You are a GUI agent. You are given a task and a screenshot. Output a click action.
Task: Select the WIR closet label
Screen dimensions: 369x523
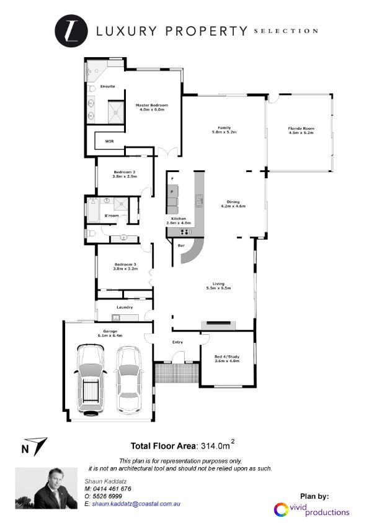point(109,142)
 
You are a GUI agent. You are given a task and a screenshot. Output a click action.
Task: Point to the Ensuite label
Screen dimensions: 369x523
point(107,86)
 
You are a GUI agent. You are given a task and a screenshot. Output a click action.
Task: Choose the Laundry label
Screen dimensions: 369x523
point(125,307)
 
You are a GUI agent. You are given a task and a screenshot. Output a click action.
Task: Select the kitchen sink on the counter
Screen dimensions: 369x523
point(199,201)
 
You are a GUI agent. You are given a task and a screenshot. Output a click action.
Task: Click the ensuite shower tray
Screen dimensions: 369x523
point(116,112)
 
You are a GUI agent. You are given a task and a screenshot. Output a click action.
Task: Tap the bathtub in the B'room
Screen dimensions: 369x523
point(93,211)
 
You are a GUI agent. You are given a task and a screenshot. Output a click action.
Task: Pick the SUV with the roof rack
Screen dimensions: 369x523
point(91,380)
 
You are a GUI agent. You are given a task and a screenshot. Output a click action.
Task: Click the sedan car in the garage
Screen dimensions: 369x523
point(129,380)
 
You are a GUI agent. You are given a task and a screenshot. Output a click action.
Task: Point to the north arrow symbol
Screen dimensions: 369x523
point(39,446)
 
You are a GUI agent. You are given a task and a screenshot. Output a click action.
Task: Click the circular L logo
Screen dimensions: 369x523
point(71,30)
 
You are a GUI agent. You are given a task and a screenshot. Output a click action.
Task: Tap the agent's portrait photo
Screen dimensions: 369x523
point(47,488)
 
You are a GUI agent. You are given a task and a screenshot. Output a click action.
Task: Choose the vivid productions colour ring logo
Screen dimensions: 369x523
point(281,510)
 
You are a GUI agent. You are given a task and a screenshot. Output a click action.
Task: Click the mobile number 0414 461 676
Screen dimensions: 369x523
point(112,489)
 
